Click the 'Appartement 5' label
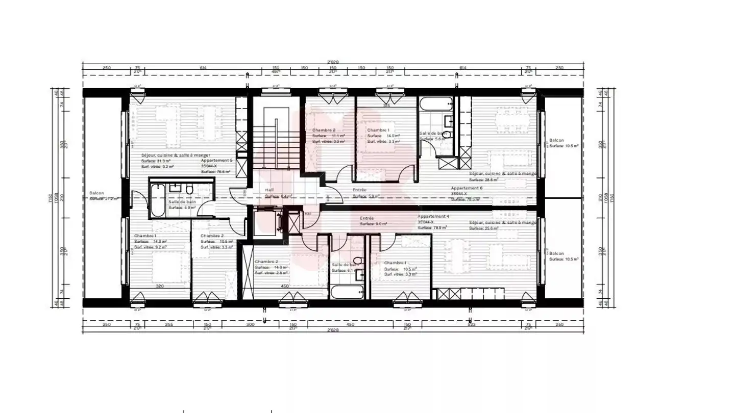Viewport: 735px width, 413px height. [216, 161]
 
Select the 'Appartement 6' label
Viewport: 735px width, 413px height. [466, 188]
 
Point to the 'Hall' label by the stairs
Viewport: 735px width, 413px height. [269, 190]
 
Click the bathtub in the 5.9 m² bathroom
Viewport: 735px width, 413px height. [158, 200]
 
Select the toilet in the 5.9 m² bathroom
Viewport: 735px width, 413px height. [189, 190]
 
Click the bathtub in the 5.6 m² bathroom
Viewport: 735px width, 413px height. [435, 104]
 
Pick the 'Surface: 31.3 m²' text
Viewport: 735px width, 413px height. [158, 161]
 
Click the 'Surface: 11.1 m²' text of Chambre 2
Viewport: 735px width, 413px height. [328, 136]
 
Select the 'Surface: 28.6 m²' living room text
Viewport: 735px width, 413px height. [485, 179]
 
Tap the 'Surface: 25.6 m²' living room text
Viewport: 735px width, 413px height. [485, 228]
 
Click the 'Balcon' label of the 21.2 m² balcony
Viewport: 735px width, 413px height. [96, 193]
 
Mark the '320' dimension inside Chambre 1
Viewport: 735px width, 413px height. [160, 287]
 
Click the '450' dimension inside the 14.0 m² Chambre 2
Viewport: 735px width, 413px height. [285, 287]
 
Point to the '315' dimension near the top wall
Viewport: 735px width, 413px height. [386, 106]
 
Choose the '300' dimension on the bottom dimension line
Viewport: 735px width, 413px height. [250, 324]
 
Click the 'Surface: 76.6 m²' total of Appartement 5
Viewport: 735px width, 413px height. [215, 172]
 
